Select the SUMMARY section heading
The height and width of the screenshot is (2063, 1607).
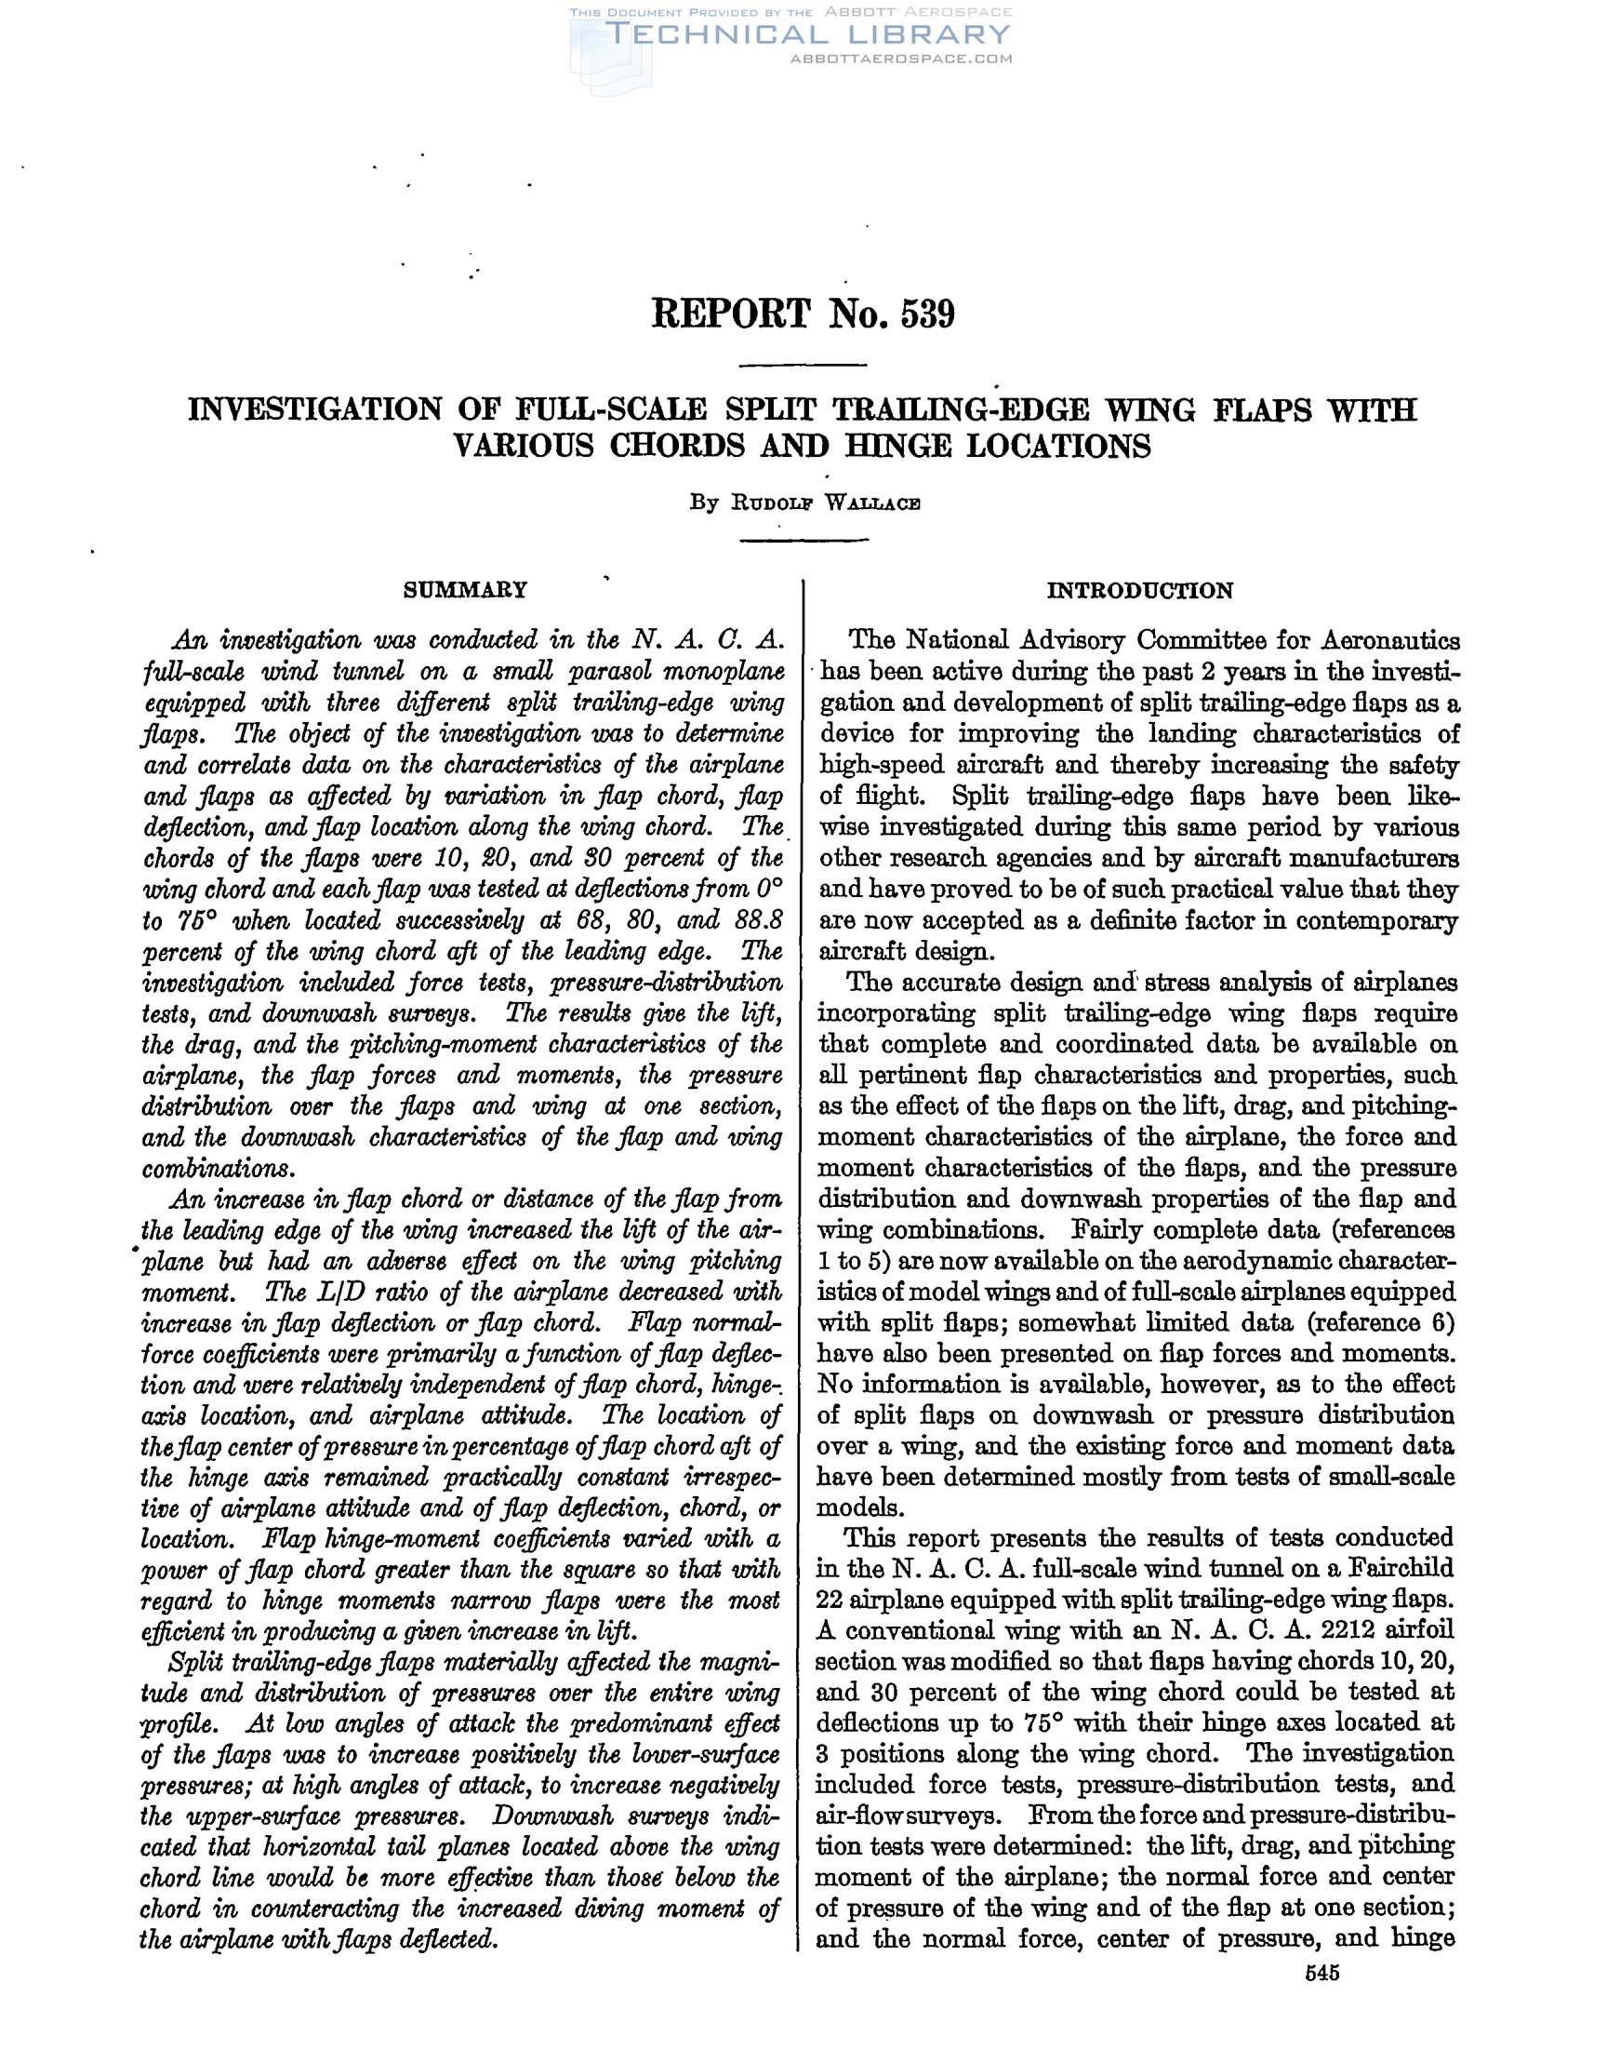pyautogui.click(x=465, y=590)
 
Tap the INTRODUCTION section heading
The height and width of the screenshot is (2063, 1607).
pyautogui.click(x=1139, y=591)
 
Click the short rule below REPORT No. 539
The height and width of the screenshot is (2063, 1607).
pyautogui.click(x=803, y=366)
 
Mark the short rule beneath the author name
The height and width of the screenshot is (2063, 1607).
pyautogui.click(x=803, y=541)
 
